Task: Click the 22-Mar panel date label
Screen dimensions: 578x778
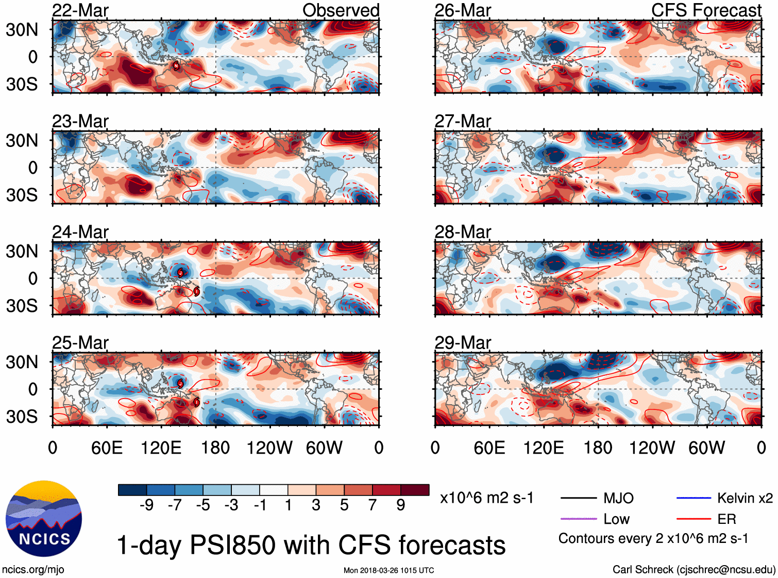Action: (80, 10)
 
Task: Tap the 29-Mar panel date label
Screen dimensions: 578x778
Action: (463, 343)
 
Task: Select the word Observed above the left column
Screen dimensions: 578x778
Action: (341, 10)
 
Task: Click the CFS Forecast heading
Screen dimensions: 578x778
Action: (706, 10)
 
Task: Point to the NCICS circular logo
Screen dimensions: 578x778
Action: (44, 519)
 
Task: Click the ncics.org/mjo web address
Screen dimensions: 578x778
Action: (33, 569)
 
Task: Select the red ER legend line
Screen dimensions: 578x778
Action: (694, 519)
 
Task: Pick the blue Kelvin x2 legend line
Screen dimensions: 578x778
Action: (694, 498)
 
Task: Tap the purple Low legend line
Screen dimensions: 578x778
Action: (579, 519)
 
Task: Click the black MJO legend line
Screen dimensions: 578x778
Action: (579, 498)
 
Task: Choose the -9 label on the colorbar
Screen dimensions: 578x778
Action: (146, 505)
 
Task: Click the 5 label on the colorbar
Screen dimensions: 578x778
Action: (344, 505)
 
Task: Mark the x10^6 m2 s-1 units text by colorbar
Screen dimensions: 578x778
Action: (486, 498)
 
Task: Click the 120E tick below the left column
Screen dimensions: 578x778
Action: (161, 448)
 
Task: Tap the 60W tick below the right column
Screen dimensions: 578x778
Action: (706, 448)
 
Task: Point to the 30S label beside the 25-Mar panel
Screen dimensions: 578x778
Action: (22, 417)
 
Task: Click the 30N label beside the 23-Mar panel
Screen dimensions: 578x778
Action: (22, 140)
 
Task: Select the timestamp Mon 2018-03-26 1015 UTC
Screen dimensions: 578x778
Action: (388, 570)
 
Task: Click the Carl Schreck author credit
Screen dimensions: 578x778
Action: (694, 569)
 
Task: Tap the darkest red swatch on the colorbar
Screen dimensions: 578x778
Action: (415, 490)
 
